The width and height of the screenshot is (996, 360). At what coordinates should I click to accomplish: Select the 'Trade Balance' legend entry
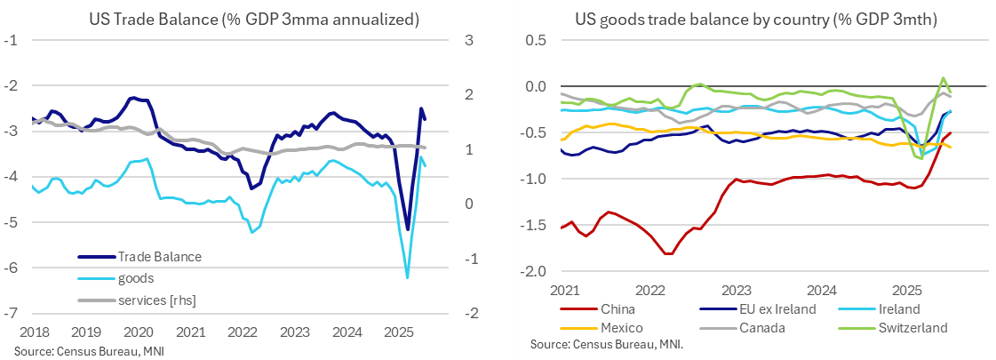coord(159,257)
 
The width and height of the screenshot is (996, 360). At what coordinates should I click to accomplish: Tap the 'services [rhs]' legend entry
coord(156,300)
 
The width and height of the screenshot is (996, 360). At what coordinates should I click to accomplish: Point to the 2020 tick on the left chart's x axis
coord(140,331)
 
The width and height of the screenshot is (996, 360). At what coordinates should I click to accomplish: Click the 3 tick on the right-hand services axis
coord(469,40)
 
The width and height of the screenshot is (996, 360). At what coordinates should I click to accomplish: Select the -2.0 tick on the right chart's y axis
coord(539,270)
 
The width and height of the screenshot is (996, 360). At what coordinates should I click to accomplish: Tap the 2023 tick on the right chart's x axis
coord(736,290)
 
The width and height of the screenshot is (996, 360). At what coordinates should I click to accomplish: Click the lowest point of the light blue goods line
coord(408,278)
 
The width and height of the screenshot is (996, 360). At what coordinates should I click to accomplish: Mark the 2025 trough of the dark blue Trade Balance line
coord(408,230)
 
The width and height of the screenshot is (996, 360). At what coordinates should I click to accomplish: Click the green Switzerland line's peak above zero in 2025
coord(943,77)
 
